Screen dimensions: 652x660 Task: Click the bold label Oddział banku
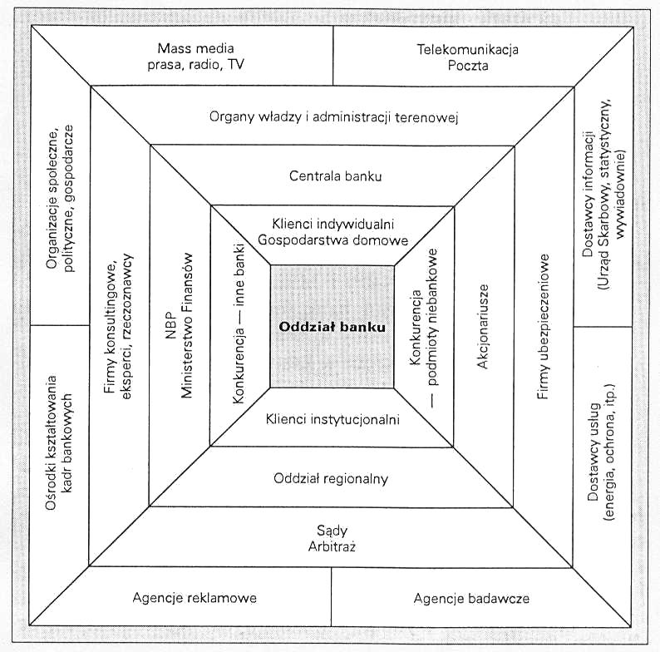tap(332, 328)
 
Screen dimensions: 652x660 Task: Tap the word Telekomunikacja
tap(467, 48)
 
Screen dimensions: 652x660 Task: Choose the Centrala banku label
tap(331, 175)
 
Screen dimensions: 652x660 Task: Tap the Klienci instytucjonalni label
tap(332, 420)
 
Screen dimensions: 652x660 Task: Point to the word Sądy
tap(332, 530)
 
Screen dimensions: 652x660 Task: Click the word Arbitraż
tap(332, 546)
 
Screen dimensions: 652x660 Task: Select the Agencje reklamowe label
tap(194, 597)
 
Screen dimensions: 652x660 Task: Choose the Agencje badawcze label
tap(470, 597)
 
